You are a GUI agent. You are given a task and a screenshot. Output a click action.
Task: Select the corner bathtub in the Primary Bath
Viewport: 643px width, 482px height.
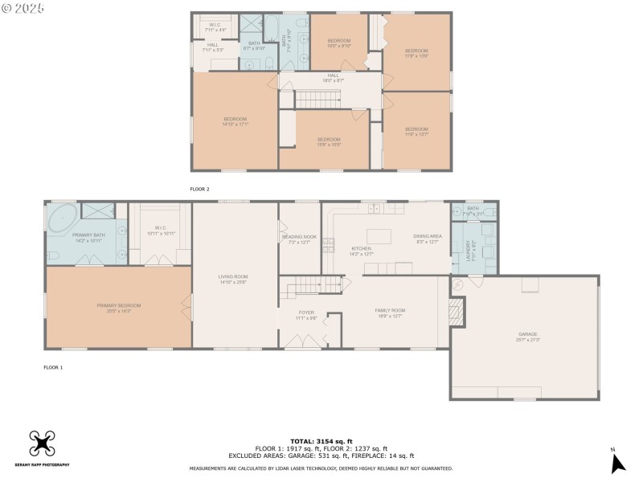click(62, 219)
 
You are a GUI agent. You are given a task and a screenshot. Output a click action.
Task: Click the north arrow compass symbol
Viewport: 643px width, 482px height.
click(617, 463)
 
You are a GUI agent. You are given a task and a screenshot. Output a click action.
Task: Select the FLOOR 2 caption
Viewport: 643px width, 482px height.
click(199, 189)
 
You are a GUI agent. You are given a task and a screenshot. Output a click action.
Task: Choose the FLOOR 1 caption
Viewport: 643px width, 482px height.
click(53, 367)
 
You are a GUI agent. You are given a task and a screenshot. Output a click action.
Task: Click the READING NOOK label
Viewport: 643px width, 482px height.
click(299, 239)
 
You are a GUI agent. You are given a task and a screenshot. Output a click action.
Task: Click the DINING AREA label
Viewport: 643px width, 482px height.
click(426, 239)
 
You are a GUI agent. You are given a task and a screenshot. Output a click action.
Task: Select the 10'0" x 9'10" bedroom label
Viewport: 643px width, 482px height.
click(338, 43)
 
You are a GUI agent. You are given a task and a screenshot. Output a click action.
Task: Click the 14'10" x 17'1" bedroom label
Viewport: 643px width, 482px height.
click(235, 121)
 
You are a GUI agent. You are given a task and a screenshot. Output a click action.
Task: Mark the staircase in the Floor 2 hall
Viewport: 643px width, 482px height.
click(320, 99)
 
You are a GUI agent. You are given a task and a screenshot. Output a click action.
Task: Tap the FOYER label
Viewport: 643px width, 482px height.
click(307, 315)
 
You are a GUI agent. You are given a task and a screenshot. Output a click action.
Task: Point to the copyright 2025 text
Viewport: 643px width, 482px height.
click(23, 7)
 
